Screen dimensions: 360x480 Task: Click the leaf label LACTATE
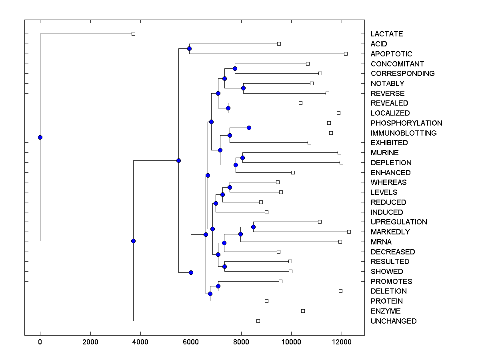tap(386, 34)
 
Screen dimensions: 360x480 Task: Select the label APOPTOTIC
tap(391, 54)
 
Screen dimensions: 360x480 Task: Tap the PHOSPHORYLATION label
tap(406, 123)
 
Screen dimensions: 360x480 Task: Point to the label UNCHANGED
tap(393, 321)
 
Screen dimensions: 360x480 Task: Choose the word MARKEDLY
tap(390, 232)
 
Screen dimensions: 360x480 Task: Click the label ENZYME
tap(385, 311)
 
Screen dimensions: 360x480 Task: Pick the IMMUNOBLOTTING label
tap(404, 133)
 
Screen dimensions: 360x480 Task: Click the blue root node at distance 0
tap(40, 137)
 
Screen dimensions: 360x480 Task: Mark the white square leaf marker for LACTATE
tap(134, 34)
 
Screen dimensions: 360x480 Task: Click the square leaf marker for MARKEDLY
tap(349, 232)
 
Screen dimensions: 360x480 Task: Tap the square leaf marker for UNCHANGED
tap(258, 321)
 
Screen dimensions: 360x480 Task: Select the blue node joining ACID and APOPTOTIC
tap(189, 48)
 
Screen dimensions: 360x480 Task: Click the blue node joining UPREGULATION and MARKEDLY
tap(253, 227)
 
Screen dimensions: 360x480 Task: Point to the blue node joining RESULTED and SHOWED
tap(224, 266)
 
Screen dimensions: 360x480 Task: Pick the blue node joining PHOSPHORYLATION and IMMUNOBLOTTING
tap(249, 128)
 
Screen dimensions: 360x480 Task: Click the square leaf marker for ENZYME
tap(303, 311)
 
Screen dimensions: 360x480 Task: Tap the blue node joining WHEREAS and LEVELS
tap(230, 187)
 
